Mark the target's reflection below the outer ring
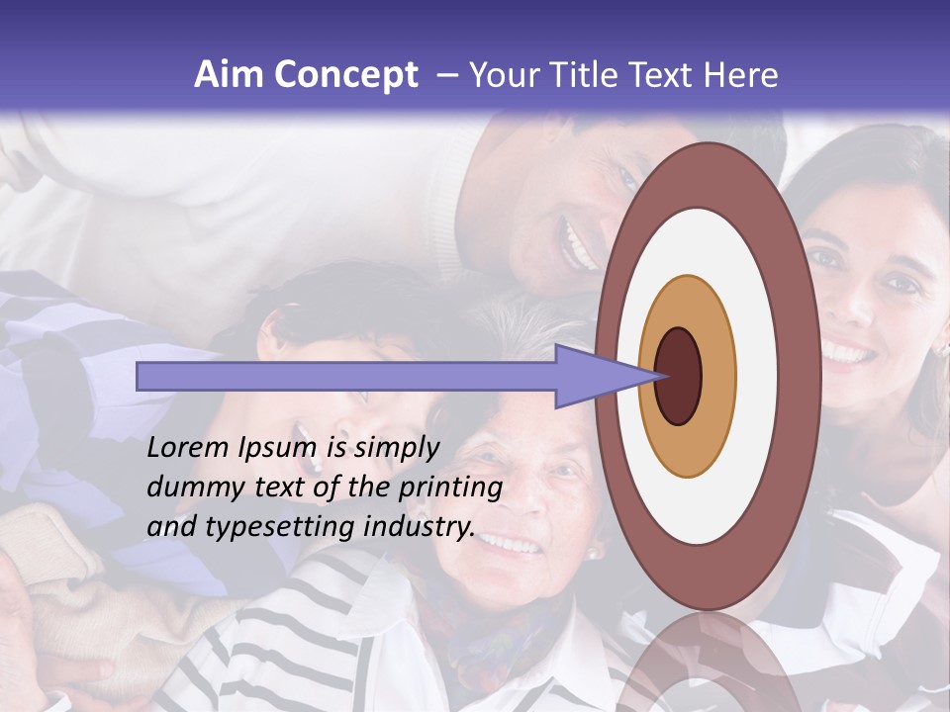click(707, 663)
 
